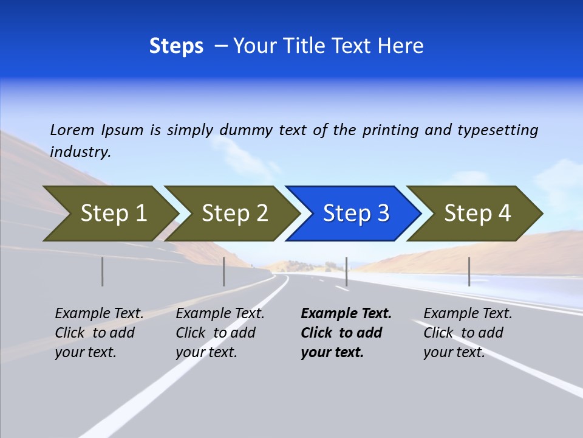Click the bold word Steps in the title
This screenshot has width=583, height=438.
tap(176, 46)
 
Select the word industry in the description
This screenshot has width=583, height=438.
tap(80, 152)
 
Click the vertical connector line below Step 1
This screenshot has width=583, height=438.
tap(103, 271)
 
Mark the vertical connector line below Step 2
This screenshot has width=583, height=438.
tap(224, 271)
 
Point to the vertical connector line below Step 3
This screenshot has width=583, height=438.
tap(346, 271)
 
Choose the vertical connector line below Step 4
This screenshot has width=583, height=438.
tap(469, 271)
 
